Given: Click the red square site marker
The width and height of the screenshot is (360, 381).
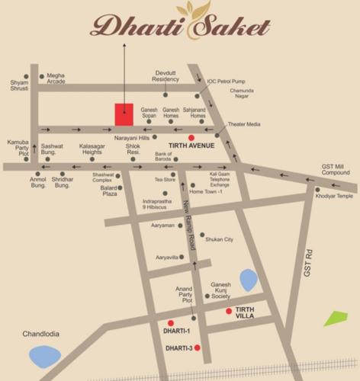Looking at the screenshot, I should click(x=124, y=114).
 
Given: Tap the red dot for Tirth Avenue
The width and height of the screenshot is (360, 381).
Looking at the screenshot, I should click(x=180, y=138).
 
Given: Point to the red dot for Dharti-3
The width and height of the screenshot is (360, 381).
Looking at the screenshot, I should click(x=197, y=347).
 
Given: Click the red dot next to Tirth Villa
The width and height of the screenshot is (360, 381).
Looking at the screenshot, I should click(x=228, y=311).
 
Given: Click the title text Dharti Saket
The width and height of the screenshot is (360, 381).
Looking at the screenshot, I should click(x=180, y=28).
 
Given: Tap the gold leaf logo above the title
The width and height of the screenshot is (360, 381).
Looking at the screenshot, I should click(x=188, y=9).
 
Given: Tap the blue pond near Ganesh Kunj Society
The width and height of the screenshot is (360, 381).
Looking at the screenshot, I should click(x=249, y=280).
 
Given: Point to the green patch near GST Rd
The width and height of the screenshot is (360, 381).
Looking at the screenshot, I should click(x=336, y=318).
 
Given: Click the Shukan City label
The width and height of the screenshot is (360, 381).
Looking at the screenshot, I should click(x=219, y=239).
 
